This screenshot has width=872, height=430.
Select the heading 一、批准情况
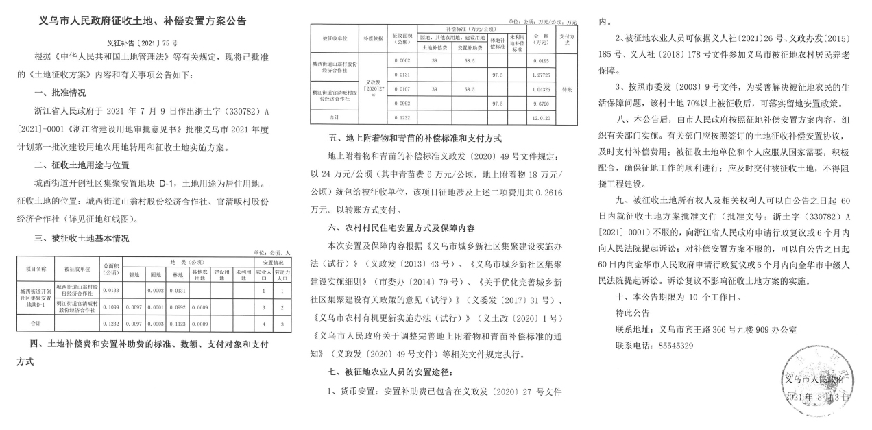coord(62,93)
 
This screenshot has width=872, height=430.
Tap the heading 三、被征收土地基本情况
coord(81,238)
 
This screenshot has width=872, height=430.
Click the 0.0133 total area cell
coord(110,289)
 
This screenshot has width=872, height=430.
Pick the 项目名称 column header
coord(34,269)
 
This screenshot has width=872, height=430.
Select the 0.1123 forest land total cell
coord(178,322)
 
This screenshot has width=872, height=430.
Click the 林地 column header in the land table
coord(178,275)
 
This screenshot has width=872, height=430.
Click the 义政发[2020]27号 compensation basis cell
coord(373,88)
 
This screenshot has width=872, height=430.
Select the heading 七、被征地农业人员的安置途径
coord(391,372)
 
